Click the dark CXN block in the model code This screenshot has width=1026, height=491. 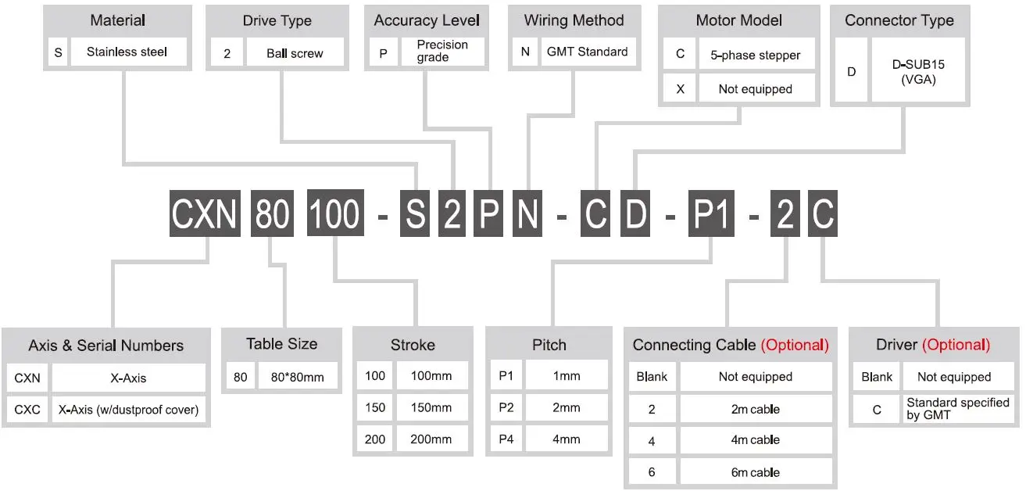[205, 214]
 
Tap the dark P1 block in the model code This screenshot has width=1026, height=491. [713, 214]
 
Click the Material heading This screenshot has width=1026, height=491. [117, 20]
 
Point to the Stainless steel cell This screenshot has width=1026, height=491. [127, 52]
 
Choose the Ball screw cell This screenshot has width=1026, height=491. [295, 53]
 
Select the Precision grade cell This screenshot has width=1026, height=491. [442, 51]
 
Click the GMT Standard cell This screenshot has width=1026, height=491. [587, 52]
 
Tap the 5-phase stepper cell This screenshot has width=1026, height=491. [756, 56]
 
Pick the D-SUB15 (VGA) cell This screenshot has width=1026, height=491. [918, 72]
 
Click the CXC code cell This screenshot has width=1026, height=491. [27, 410]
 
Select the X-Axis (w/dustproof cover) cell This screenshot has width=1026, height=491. [128, 410]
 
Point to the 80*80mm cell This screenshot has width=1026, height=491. [297, 378]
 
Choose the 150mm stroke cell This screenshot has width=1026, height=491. [431, 407]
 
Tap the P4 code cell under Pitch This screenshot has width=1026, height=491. [505, 439]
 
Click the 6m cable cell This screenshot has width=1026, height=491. [755, 472]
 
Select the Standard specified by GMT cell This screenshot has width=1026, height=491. [957, 409]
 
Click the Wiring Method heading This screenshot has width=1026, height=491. [574, 20]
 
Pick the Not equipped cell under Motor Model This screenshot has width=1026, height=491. [756, 89]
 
